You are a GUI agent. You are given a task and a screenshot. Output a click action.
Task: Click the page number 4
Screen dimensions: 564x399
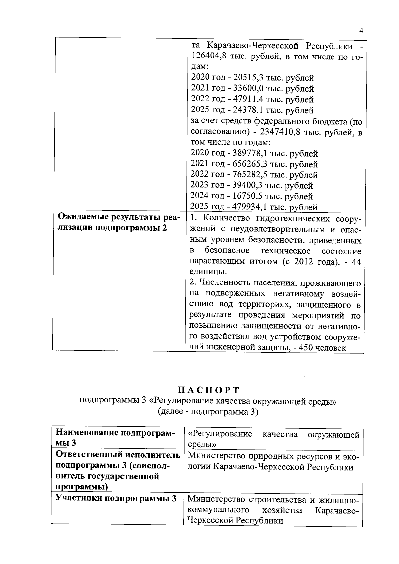pyautogui.click(x=361, y=31)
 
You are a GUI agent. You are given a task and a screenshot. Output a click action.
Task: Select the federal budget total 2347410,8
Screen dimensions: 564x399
pyautogui.click(x=281, y=132)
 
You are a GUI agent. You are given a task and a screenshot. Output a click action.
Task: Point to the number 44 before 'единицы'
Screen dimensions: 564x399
pyautogui.click(x=356, y=262)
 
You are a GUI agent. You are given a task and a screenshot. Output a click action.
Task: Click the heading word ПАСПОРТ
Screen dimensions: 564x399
pyautogui.click(x=208, y=390)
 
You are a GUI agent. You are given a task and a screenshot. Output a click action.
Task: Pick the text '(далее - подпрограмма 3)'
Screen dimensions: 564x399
pyautogui.click(x=208, y=412)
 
